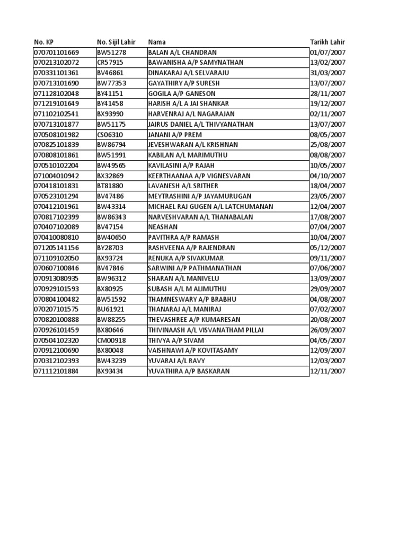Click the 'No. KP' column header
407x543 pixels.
44,42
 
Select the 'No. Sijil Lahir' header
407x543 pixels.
116,42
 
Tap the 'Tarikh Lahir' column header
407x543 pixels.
328,42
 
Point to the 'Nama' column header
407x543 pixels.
156,42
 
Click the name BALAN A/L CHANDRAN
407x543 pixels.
183,52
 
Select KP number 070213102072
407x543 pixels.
56,63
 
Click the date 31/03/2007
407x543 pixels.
328,73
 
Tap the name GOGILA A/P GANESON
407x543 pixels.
182,93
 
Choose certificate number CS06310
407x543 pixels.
110,135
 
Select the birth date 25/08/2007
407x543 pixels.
328,145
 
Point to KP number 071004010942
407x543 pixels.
56,176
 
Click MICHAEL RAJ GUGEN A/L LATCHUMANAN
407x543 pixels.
211,206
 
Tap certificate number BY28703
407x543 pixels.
110,248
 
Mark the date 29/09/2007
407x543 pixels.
328,289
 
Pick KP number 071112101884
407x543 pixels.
56,371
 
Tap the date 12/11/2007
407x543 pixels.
328,371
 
